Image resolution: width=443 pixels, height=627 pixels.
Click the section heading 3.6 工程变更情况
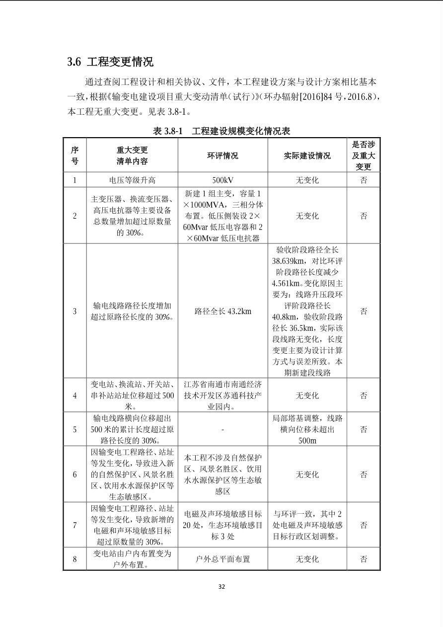pos(110,62)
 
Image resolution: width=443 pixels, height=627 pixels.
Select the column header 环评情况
pos(222,156)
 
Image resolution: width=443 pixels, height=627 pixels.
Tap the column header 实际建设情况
pos(307,156)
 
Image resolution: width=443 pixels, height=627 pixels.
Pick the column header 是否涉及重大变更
pos(364,156)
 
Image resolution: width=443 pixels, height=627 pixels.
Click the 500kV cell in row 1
pos(222,180)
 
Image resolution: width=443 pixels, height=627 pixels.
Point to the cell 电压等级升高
pos(132,180)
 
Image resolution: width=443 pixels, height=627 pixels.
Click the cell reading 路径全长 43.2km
pos(222,312)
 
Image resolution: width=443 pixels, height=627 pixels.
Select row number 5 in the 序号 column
pos(75,429)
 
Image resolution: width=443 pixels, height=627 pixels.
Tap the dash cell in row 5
pos(222,429)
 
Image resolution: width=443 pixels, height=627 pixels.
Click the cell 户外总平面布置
pos(222,559)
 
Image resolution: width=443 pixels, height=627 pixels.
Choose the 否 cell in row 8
pos(364,559)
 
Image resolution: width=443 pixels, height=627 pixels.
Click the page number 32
pos(221,586)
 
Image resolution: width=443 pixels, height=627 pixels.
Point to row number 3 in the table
pos(75,312)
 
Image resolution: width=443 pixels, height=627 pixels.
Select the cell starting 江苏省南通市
pos(222,395)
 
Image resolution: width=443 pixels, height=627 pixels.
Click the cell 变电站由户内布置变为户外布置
pos(132,559)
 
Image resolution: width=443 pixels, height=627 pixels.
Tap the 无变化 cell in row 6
pos(307,474)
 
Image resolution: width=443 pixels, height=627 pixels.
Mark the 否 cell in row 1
pos(364,180)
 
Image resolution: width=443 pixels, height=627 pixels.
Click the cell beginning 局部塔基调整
pos(307,429)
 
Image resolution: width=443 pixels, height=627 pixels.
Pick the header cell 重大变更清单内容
pos(132,156)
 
